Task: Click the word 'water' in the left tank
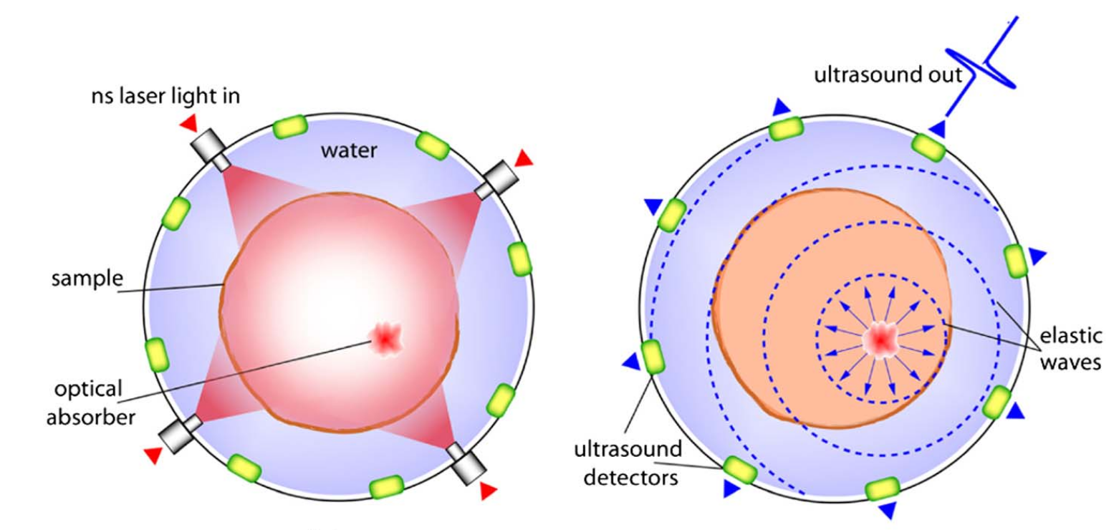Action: pos(349,152)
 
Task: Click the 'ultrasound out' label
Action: pos(888,74)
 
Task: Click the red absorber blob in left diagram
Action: pos(386,335)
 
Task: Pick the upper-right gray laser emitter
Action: pos(494,179)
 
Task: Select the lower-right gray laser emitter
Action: pos(467,464)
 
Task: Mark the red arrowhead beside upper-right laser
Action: pos(524,157)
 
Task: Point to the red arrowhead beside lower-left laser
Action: pos(153,455)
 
